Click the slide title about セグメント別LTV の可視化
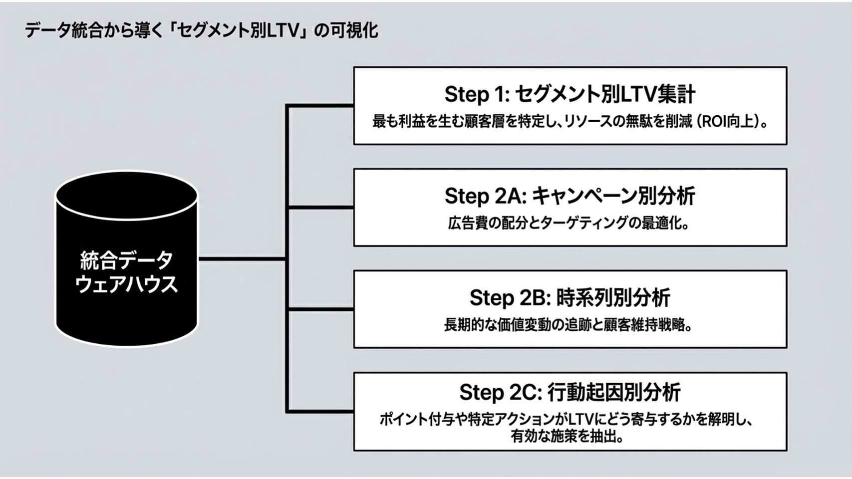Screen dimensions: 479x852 tap(201, 31)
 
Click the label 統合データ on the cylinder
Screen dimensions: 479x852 tap(126, 260)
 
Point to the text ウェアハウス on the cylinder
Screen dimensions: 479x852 tap(126, 284)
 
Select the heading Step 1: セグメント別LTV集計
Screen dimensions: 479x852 tap(569, 94)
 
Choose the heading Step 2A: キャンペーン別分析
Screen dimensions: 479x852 tap(569, 196)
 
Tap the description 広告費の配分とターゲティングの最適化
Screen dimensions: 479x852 tap(568, 223)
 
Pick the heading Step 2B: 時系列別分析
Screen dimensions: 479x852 tap(569, 298)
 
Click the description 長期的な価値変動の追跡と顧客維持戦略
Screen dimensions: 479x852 tap(568, 325)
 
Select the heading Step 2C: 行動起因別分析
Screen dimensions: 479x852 tap(569, 393)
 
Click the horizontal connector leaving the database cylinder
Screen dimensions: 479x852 tap(242, 259)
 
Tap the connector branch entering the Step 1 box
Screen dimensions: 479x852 tap(319, 106)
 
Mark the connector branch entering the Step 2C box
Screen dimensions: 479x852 tap(319, 412)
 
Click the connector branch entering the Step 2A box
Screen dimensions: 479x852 tap(319, 207)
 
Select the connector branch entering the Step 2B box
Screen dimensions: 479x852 tap(319, 310)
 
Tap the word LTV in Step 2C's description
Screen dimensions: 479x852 tap(584, 419)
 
